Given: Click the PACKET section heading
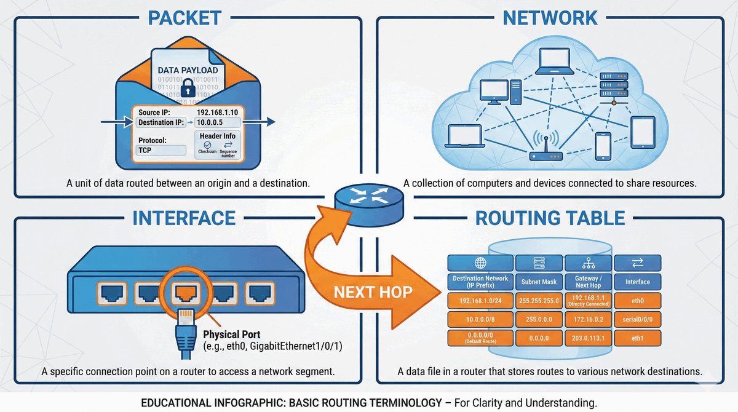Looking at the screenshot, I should point(184,17).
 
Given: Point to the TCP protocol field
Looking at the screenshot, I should point(161,150).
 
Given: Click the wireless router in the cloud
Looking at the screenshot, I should point(545,151).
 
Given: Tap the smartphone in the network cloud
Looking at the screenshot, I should point(603,146).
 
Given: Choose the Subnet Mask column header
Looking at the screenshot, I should point(539,282).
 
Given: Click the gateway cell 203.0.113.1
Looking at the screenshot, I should point(588,338).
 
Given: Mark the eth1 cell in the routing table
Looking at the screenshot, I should point(638,338).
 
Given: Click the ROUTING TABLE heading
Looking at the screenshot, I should point(550,218).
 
